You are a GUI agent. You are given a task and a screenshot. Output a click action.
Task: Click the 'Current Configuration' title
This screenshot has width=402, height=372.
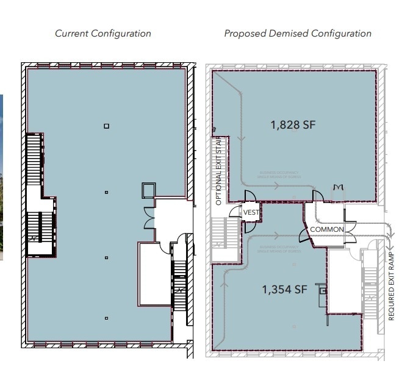tap(103, 34)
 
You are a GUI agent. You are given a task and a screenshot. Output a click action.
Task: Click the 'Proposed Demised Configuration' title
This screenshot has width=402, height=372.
tap(297, 34)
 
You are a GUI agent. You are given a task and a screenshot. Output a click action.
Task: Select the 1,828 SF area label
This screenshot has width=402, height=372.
tap(293, 125)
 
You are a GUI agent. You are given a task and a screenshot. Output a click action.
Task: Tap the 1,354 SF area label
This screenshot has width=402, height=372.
tap(284, 290)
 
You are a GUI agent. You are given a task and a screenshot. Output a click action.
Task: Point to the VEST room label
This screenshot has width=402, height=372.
tap(251, 212)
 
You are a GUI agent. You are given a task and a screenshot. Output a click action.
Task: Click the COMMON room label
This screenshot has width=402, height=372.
tap(327, 229)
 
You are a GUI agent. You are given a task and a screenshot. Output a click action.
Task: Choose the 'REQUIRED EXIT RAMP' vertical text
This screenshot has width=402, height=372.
tap(391, 287)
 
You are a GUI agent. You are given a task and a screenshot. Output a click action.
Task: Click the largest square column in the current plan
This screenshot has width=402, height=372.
tap(107, 126)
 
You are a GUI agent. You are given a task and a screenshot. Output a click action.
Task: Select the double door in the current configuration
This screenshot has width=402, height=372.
tap(149, 216)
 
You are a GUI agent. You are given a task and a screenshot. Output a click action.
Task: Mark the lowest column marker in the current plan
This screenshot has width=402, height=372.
tap(106, 318)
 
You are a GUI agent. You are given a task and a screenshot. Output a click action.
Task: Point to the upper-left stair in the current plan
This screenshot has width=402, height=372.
tap(35, 160)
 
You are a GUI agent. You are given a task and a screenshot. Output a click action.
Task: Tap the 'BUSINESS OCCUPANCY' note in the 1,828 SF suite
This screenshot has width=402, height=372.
tap(279, 174)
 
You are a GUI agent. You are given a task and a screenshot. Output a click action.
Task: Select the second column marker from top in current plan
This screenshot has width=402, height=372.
tap(106, 192)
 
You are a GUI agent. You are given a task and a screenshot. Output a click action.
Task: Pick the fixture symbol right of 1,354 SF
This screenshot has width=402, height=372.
tap(322, 292)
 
